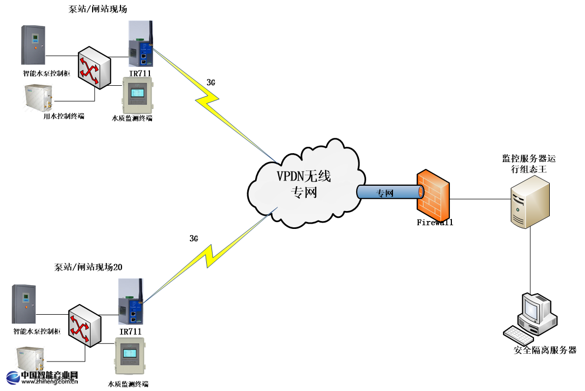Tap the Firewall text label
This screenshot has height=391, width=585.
coord(435,223)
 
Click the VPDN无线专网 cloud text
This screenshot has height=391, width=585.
coord(304,184)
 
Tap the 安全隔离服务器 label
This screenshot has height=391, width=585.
coord(544,350)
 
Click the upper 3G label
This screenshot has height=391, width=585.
coord(210,83)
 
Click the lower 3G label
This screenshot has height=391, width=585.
coord(194,238)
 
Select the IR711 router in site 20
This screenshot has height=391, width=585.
coord(130,303)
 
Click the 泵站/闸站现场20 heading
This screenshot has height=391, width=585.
coord(88,267)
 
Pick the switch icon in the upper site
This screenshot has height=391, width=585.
coord(95,67)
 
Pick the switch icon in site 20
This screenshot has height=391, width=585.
coord(84,325)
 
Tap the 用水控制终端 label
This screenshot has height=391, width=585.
coord(64,116)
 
